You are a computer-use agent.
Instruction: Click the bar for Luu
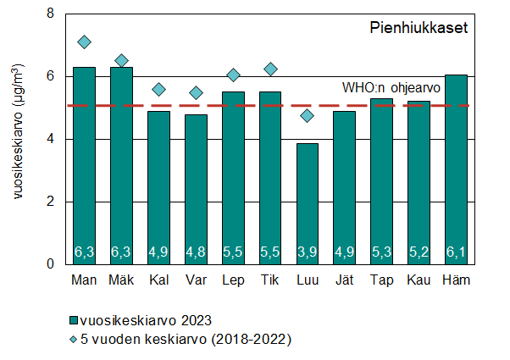tap(307, 203)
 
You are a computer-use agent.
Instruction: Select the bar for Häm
tap(455, 169)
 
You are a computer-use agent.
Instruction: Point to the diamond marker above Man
tap(84, 42)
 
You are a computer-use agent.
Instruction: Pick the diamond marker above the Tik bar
tap(269, 69)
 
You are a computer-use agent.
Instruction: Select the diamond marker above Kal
tap(158, 89)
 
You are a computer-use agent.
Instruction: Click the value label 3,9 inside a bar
tap(307, 252)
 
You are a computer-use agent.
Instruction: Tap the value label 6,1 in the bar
tap(455, 252)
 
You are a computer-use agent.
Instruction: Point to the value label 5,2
tap(418, 252)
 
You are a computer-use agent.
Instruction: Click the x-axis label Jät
tap(343, 280)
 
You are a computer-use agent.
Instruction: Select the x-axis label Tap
tap(381, 280)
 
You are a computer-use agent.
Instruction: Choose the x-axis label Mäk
tap(121, 280)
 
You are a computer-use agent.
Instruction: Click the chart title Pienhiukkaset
tap(419, 28)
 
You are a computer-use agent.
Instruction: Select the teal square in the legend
tap(75, 320)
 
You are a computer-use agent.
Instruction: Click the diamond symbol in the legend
tap(75, 340)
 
